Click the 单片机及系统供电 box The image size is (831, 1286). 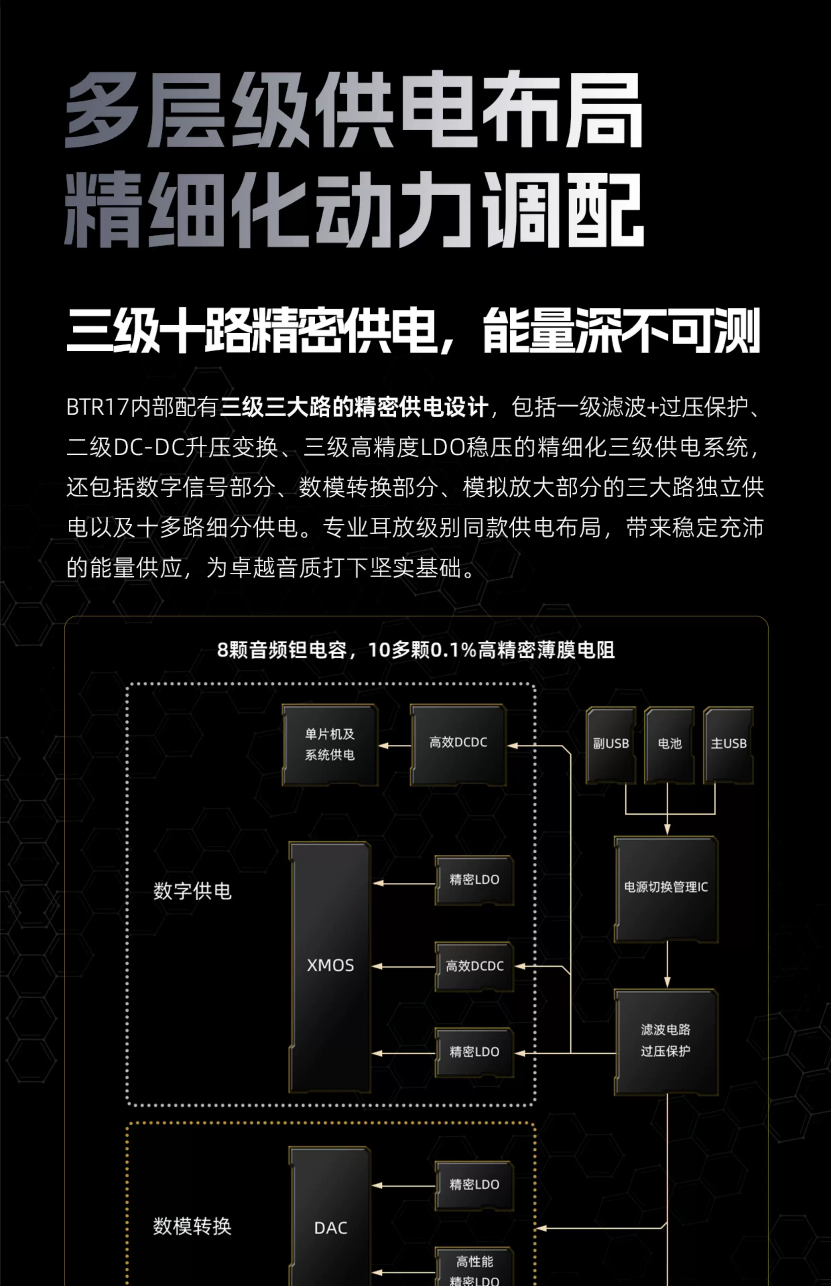coord(330,744)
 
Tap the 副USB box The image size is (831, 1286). coord(611,744)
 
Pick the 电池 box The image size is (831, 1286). coord(669,744)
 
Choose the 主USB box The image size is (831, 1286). coord(728,744)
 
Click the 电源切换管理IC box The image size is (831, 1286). coord(666,887)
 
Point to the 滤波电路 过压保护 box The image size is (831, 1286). coord(666,1040)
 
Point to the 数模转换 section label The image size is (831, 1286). coord(192,1226)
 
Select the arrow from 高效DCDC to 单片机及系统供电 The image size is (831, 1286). coord(394,746)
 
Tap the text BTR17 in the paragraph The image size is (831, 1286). coord(97,407)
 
